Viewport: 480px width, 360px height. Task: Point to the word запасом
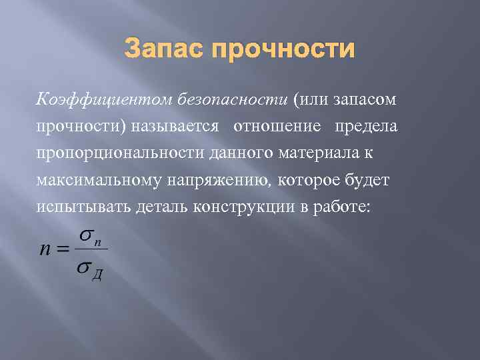coord(364,99)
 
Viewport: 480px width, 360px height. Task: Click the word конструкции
coord(243,208)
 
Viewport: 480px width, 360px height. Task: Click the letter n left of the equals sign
coord(45,249)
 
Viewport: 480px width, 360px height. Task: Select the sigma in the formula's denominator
coord(84,268)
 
